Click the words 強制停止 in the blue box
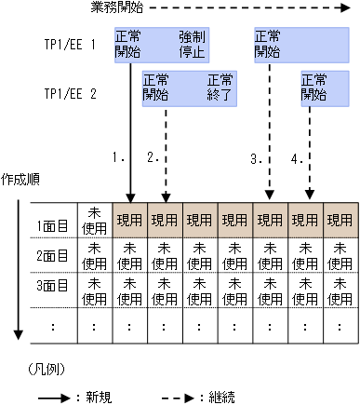tap(192, 43)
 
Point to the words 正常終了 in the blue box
tap(220, 88)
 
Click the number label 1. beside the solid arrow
tap(118, 158)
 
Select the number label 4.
tap(298, 158)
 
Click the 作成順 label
tap(20, 176)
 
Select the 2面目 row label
tap(54, 256)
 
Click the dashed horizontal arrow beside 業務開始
tap(242, 8)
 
